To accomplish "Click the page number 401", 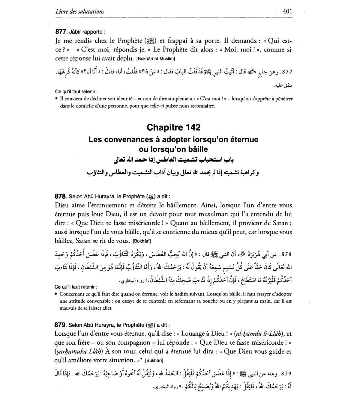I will click(287, 11).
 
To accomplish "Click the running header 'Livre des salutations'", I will click(80, 12).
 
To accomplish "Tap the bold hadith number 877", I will click(60, 31).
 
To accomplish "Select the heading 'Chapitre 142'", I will click(173, 127).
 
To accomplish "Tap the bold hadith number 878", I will click(60, 197).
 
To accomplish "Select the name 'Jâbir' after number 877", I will click(75, 32).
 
